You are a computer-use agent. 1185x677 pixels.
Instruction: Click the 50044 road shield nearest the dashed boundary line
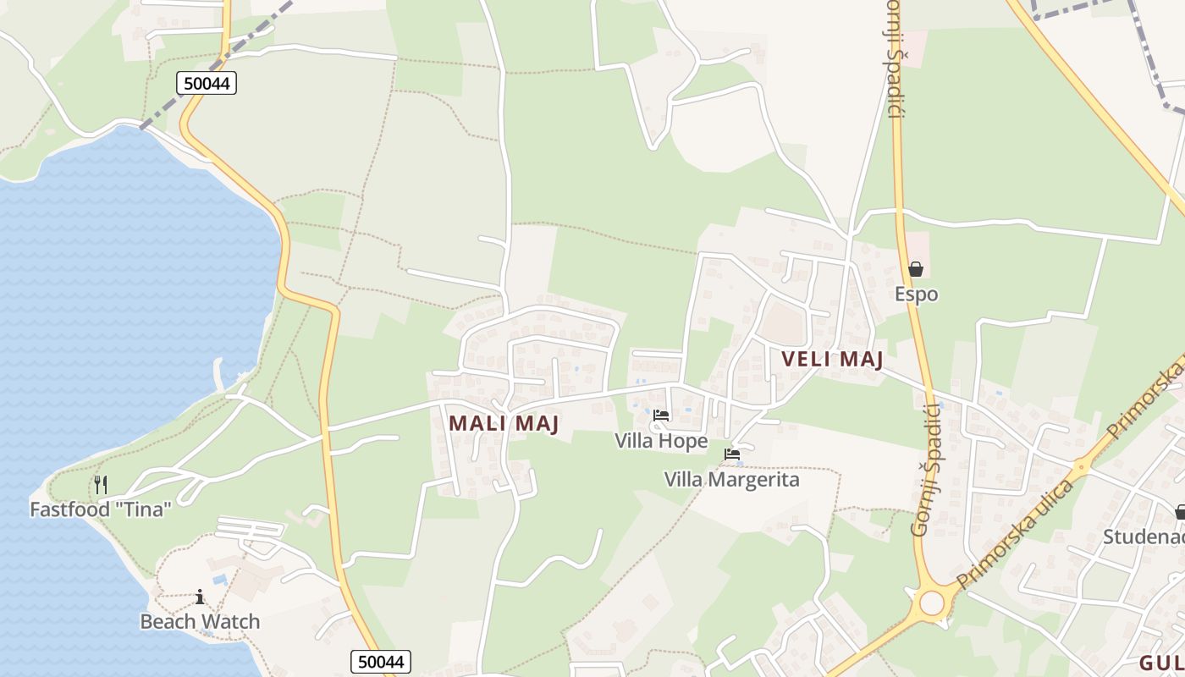tap(207, 82)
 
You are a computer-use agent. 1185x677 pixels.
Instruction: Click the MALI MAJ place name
tap(504, 423)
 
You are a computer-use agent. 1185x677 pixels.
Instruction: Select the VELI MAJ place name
tap(832, 359)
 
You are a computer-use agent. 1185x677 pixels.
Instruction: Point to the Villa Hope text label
tap(661, 441)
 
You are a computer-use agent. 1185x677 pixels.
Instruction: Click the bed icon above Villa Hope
tap(661, 416)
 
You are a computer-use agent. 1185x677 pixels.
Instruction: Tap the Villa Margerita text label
tap(731, 480)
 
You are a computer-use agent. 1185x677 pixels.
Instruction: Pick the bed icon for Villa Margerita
tap(732, 455)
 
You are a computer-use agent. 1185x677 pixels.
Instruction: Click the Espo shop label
tap(917, 294)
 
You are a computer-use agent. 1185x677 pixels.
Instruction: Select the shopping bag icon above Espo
tap(916, 270)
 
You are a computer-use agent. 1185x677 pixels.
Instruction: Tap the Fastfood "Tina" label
tap(101, 509)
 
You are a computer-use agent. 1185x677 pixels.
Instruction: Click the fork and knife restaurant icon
tap(101, 484)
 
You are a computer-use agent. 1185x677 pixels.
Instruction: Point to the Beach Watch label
tap(200, 621)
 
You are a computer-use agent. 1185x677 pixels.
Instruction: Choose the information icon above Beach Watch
tap(200, 597)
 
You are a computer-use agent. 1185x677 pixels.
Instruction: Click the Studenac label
tap(1143, 537)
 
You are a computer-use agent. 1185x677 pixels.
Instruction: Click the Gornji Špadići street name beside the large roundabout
tap(929, 470)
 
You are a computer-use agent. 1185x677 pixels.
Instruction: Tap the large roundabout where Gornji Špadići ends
tap(931, 603)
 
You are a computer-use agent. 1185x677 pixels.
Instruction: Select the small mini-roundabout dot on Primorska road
tap(1080, 466)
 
